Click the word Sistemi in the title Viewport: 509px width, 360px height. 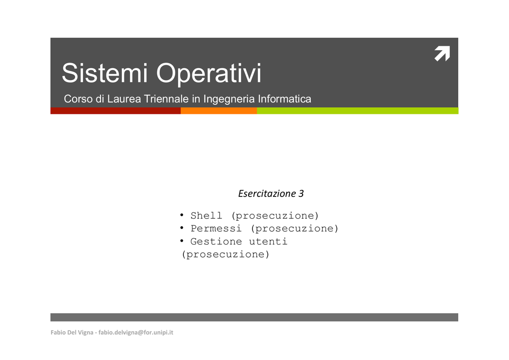pos(104,73)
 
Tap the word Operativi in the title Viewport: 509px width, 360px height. pos(209,74)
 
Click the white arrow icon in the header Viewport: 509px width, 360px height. pos(442,53)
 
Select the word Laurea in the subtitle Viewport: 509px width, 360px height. pos(124,98)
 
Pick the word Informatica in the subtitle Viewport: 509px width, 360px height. pos(284,98)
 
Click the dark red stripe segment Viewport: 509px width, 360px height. pos(115,111)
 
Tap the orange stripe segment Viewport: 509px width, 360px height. pos(219,111)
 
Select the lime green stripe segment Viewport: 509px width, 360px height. pos(358,111)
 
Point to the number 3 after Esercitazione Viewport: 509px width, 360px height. pos(301,193)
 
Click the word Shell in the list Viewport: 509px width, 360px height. pos(206,215)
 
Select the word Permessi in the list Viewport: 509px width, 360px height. pos(216,228)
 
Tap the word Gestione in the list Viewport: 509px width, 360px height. pos(216,241)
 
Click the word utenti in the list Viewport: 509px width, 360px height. pos(268,242)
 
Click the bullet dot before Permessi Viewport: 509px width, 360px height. pos(182,228)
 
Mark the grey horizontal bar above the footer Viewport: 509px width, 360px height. pos(254,317)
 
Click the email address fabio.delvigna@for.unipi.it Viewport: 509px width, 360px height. pos(136,333)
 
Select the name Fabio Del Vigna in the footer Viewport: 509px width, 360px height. pos(72,333)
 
